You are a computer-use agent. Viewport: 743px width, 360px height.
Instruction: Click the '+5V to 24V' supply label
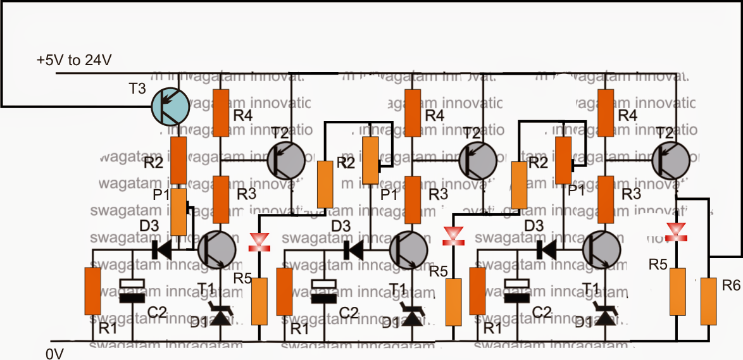[x=75, y=61]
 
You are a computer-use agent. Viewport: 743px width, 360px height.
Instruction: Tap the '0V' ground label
[x=54, y=352]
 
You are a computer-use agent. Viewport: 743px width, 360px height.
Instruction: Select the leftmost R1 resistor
[x=93, y=291]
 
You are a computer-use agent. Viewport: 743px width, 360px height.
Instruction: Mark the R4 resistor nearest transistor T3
[x=220, y=113]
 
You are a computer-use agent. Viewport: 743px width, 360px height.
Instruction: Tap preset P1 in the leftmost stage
[x=179, y=211]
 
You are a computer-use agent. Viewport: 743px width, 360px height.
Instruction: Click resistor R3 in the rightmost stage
[x=606, y=201]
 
